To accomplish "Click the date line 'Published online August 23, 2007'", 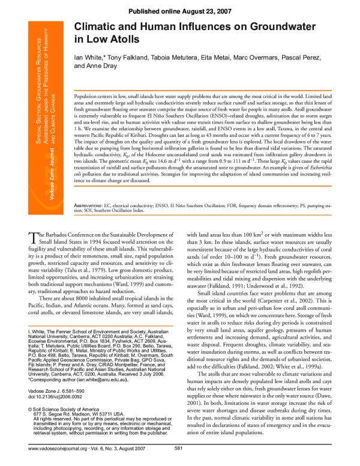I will [179, 10].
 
